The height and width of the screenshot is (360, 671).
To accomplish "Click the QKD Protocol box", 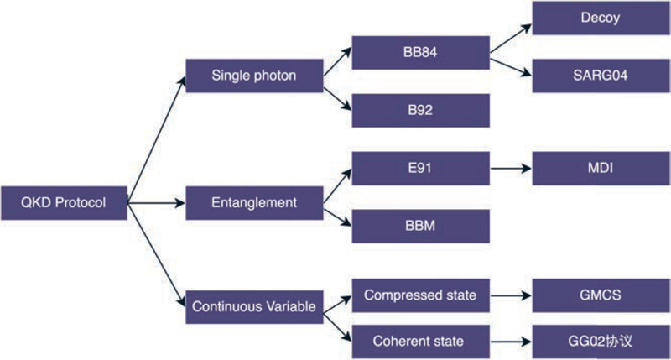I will coord(65,202).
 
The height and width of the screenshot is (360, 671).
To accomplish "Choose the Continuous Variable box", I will coord(254,306).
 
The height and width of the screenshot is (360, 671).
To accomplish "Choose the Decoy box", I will coord(601,18).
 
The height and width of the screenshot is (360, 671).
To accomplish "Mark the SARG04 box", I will coord(601,76).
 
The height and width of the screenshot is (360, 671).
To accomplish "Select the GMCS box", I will coord(601,295).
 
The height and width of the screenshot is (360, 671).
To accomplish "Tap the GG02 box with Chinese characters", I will coord(601,341).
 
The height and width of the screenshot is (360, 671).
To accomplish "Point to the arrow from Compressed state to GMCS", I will coord(511,295).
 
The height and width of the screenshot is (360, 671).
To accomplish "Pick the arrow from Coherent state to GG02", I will coord(511,341).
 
